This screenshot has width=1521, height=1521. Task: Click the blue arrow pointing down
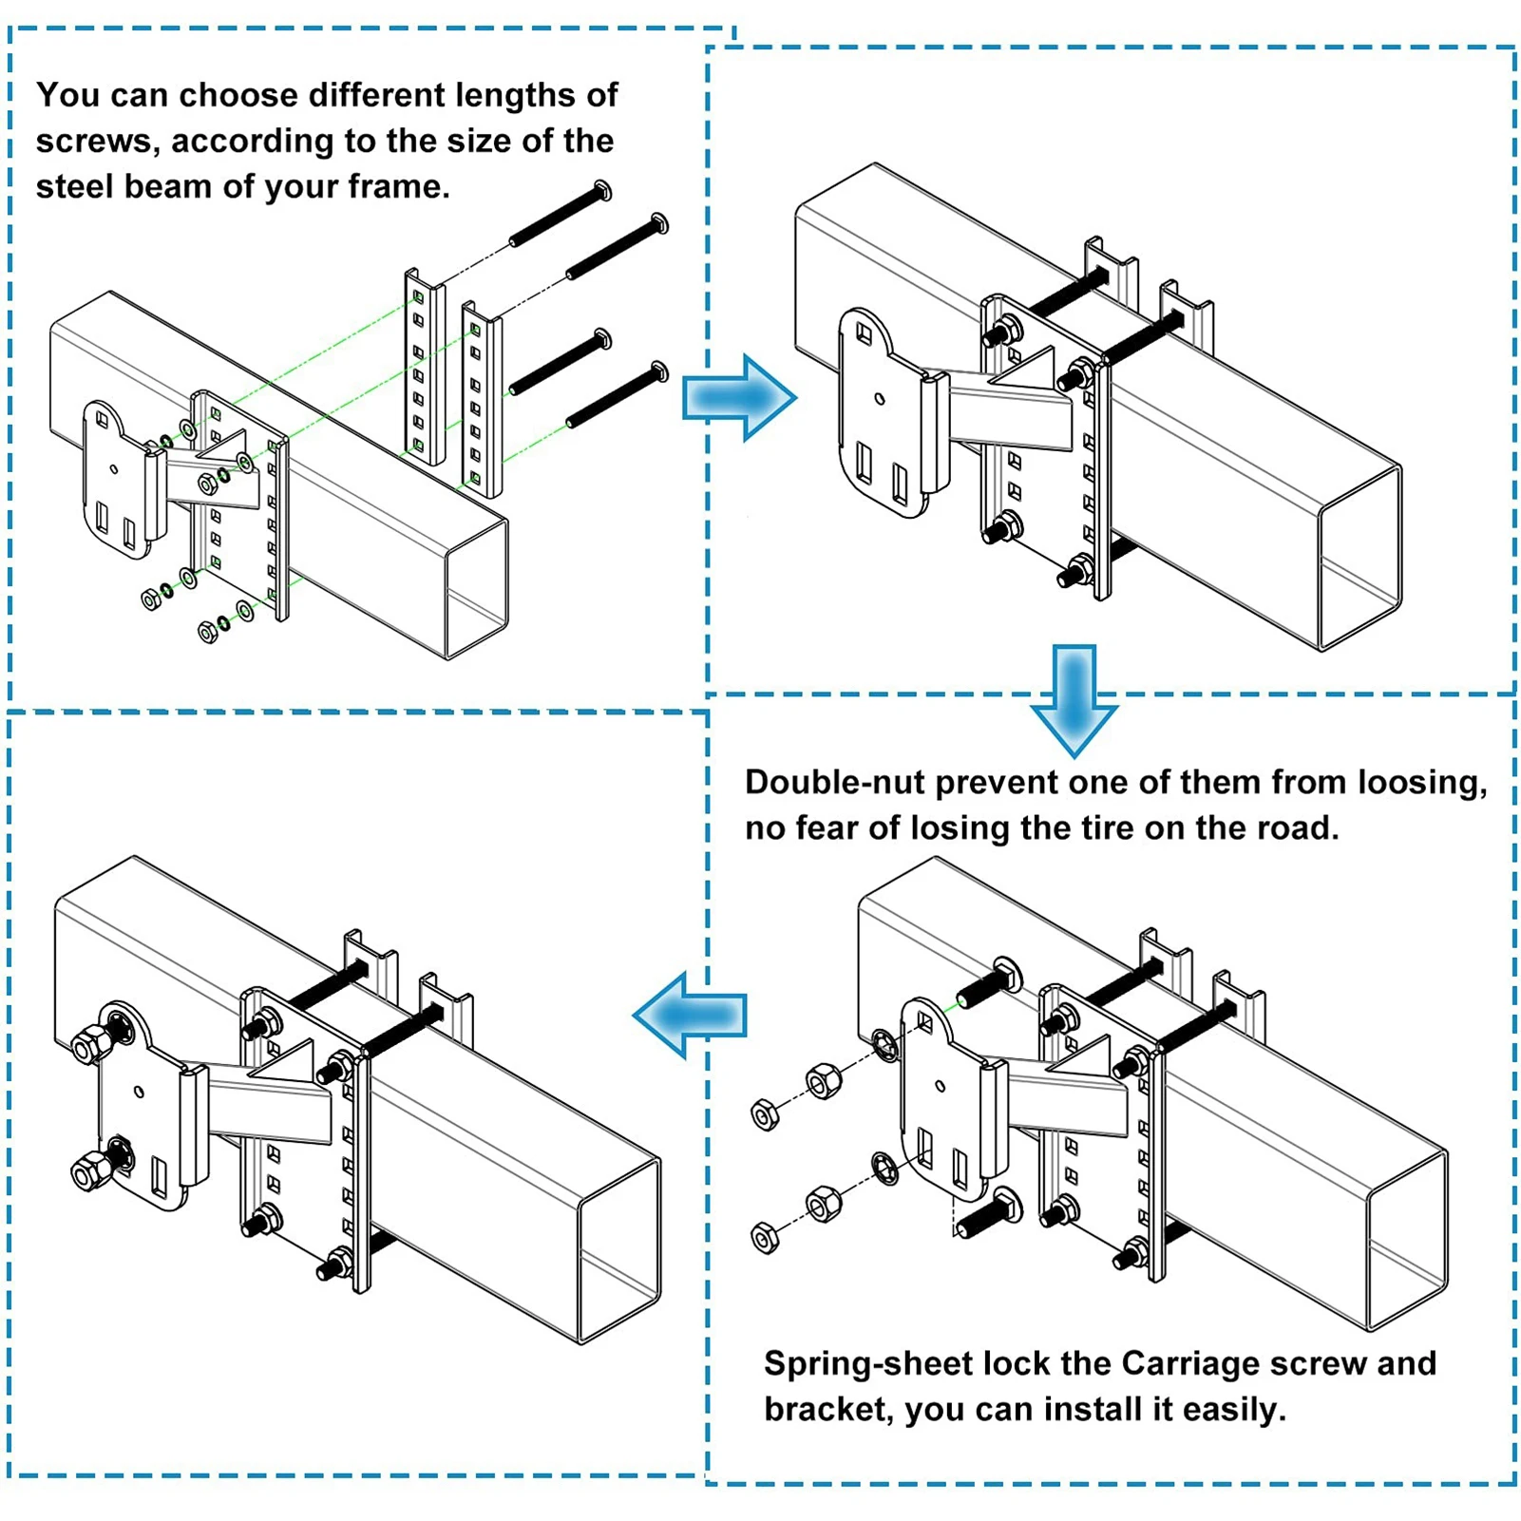(x=1074, y=699)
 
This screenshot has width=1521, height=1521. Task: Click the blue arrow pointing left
(x=691, y=1015)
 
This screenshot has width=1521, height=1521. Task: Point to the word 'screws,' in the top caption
(x=98, y=142)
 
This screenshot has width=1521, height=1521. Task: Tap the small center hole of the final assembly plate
(x=139, y=1092)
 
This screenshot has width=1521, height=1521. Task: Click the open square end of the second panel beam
(x=1360, y=559)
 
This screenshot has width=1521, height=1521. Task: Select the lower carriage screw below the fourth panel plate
(x=989, y=1215)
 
